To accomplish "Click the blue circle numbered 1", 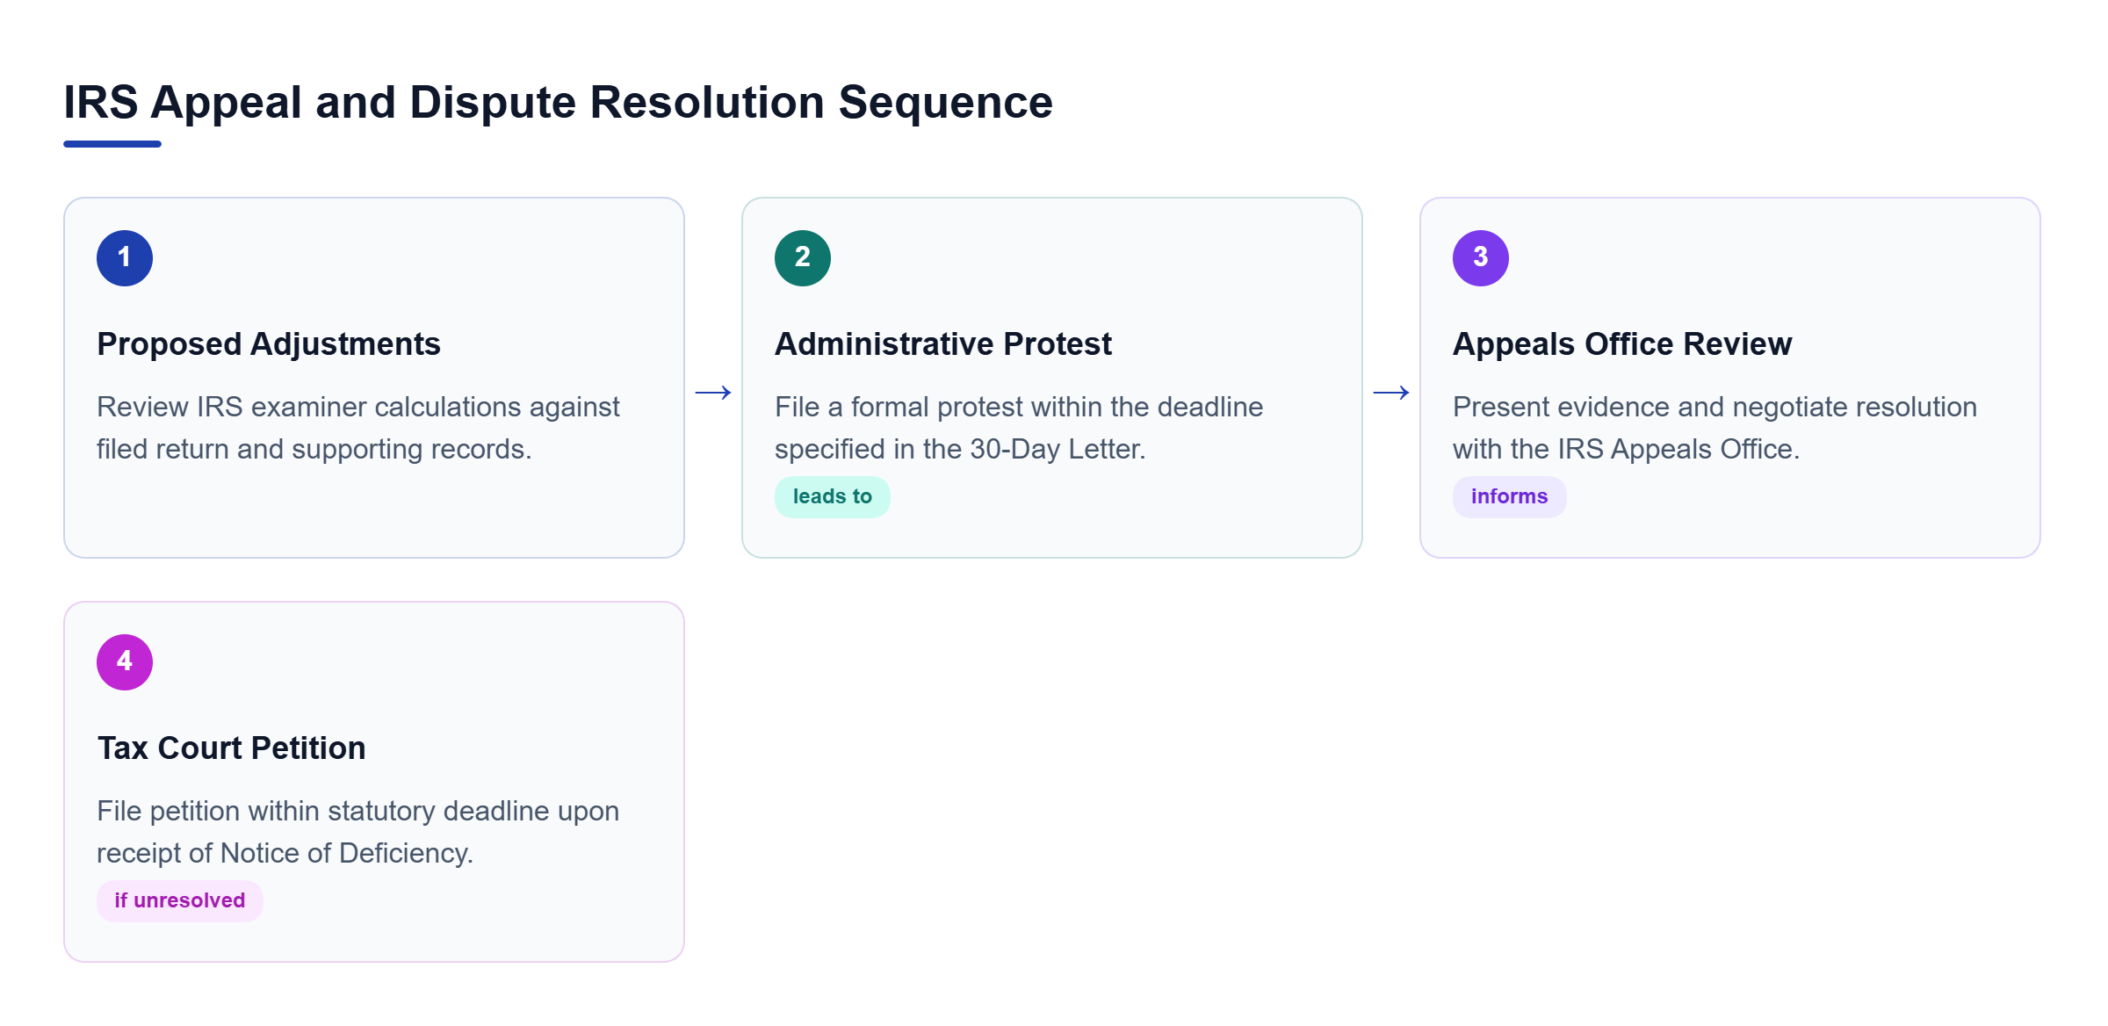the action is [x=125, y=258].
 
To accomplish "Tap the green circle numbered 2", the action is [x=803, y=258].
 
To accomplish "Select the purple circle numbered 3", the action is [x=1481, y=258].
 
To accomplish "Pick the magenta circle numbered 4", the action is [x=125, y=662].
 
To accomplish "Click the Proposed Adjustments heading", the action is [x=269, y=344].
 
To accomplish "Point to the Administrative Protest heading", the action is [x=943, y=344].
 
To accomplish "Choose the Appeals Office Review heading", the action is [x=1622, y=344].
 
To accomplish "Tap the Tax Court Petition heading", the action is [x=231, y=748].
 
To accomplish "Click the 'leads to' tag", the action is [x=833, y=497].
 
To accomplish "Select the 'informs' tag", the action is [x=1510, y=497].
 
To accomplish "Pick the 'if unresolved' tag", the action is [x=180, y=901].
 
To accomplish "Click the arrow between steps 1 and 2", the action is [x=713, y=393].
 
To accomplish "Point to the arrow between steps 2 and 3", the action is [x=1391, y=393].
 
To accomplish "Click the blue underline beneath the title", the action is [x=112, y=144].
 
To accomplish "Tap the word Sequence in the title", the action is [x=946, y=103].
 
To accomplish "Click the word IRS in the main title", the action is [x=101, y=103].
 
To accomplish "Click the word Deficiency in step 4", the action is [x=406, y=854].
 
